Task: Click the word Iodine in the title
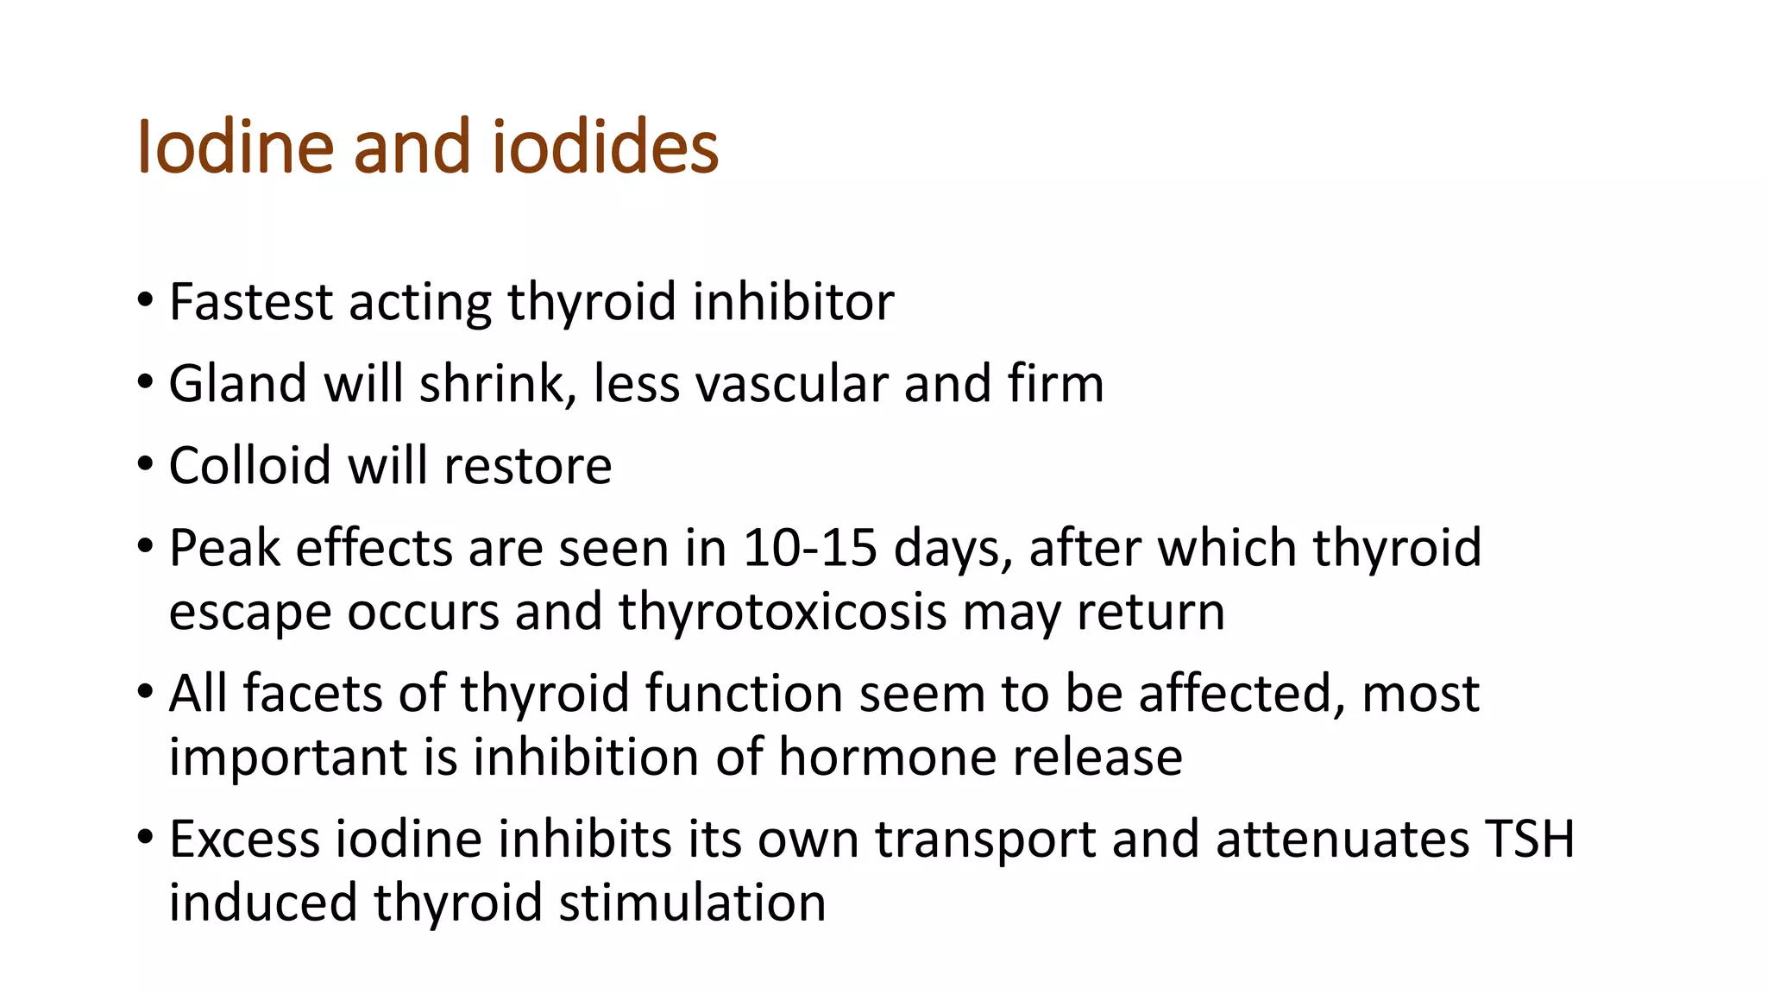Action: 235,147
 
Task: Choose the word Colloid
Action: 249,466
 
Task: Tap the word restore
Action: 527,466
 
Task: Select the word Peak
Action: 224,548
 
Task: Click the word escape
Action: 250,613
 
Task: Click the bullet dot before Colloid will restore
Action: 145,464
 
